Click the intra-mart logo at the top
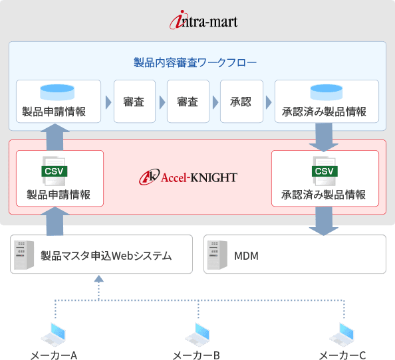point(203,20)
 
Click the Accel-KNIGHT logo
point(188,177)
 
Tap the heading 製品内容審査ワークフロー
point(195,62)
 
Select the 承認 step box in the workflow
point(241,102)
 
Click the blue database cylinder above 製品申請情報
point(57,92)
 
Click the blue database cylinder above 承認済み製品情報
point(327,92)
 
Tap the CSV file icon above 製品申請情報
point(55,171)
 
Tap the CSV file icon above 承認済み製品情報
point(325,171)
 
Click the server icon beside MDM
point(217,254)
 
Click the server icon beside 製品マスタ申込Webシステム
point(24,254)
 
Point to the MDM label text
point(246,256)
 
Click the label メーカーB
point(196,355)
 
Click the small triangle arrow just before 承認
point(215,102)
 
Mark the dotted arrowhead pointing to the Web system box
point(98,278)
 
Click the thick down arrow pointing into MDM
point(324,221)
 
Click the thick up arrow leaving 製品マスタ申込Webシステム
point(55,221)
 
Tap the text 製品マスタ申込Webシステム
point(106,256)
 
